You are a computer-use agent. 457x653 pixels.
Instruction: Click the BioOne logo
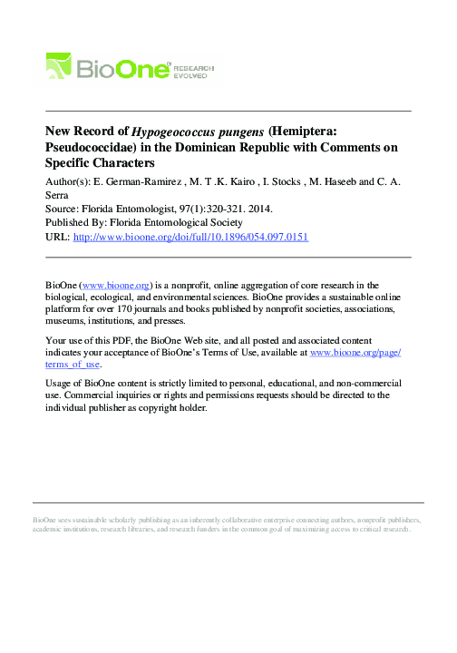point(109,67)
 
